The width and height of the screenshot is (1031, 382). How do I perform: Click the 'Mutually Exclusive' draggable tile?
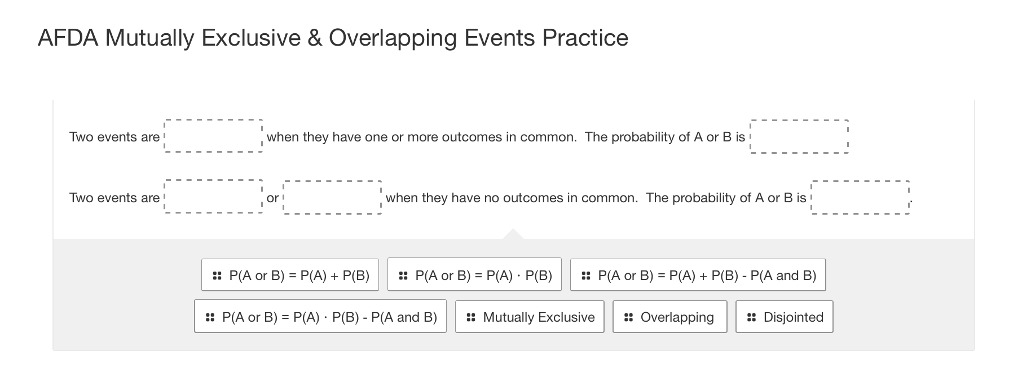530,317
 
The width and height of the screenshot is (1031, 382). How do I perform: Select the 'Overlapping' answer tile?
669,317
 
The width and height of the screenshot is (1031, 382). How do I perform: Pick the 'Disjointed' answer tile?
784,317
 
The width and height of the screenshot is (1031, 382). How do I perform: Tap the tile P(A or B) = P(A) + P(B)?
290,275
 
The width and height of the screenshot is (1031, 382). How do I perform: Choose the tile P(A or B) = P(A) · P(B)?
474,275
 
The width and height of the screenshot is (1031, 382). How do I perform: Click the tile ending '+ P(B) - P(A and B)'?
698,275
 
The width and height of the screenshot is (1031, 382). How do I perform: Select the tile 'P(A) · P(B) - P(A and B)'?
320,317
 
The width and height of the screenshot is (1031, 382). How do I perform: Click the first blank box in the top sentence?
213,136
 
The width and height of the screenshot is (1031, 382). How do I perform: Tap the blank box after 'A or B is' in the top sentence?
799,136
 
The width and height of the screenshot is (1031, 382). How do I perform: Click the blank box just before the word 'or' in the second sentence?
213,197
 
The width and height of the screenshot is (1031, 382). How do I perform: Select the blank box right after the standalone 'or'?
332,197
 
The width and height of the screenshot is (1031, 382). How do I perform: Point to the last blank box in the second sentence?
860,197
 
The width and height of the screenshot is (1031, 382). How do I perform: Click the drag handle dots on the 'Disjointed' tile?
751,317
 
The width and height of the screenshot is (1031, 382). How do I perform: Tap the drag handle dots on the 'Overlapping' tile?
628,317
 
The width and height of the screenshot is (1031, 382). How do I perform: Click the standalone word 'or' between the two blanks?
272,198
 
